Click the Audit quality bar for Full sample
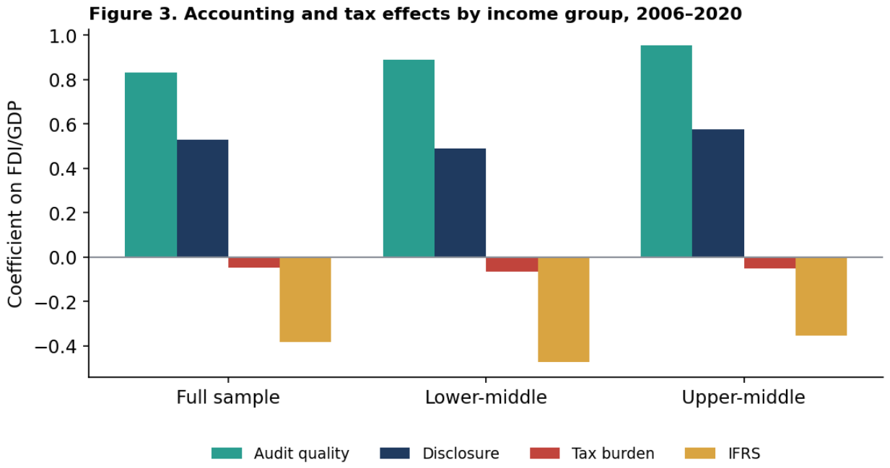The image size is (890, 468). pyautogui.click(x=151, y=164)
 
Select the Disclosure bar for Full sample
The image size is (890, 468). pyautogui.click(x=202, y=198)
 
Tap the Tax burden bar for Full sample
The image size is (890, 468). pyautogui.click(x=254, y=262)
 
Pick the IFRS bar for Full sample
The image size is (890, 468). pyautogui.click(x=305, y=300)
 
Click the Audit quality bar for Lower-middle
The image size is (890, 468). pyautogui.click(x=409, y=159)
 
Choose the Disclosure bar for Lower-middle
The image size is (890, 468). pyautogui.click(x=460, y=203)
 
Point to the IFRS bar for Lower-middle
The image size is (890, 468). pyautogui.click(x=564, y=309)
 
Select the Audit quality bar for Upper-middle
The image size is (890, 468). pyautogui.click(x=666, y=151)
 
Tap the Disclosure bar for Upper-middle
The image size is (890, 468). pyautogui.click(x=718, y=193)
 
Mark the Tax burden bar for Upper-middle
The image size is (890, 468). pyautogui.click(x=769, y=262)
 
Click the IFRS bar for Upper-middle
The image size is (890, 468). pyautogui.click(x=821, y=296)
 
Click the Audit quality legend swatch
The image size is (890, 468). pyautogui.click(x=227, y=454)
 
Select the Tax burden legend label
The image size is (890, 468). pyautogui.click(x=613, y=454)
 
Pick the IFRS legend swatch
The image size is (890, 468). pyautogui.click(x=700, y=454)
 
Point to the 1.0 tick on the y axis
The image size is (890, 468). pyautogui.click(x=85, y=35)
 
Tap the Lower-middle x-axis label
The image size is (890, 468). pyautogui.click(x=486, y=397)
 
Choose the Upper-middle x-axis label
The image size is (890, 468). pyautogui.click(x=743, y=397)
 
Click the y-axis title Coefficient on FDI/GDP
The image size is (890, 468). pyautogui.click(x=15, y=204)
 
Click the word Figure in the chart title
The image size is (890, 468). pyautogui.click(x=120, y=14)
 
